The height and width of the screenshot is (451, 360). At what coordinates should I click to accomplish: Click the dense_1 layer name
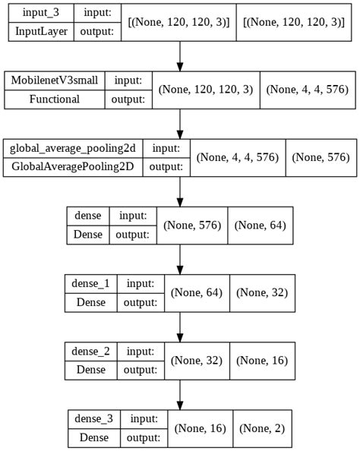point(91,283)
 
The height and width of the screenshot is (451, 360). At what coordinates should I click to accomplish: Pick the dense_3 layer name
point(94,418)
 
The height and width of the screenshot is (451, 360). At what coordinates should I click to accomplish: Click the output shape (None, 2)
point(262,427)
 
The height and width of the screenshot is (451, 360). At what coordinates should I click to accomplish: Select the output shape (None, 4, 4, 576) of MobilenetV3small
point(308,90)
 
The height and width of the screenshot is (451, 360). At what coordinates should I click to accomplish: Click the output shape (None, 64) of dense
point(261,225)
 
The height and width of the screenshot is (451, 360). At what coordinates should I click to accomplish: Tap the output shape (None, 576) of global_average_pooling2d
point(321,157)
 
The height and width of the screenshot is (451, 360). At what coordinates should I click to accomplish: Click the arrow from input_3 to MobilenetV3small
point(180,55)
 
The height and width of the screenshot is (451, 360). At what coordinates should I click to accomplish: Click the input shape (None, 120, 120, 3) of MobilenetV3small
point(205,90)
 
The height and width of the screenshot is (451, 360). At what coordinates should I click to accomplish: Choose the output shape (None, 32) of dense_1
point(262,292)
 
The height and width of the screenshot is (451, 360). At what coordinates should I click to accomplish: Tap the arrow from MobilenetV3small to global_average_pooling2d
point(180,123)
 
